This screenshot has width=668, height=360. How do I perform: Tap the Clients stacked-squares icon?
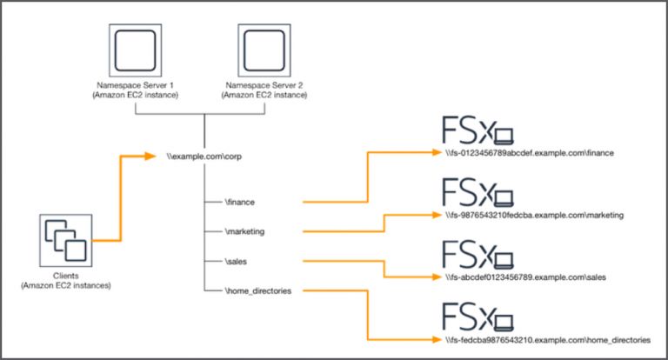[65, 240]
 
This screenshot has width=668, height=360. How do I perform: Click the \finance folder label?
[240, 202]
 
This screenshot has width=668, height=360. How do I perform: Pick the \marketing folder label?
[245, 231]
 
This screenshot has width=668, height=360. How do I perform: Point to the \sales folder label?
[236, 261]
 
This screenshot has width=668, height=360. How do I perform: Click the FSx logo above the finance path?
[476, 131]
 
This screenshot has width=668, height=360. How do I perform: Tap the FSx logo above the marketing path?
[476, 192]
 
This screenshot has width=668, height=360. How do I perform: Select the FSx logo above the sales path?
[476, 254]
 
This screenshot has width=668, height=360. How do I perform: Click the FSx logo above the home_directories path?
[476, 315]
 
